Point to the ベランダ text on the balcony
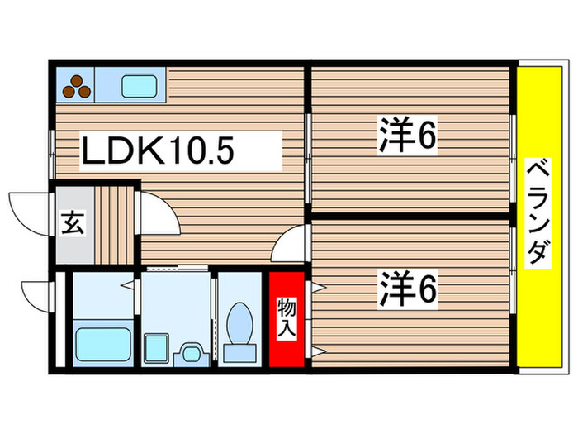tap(538, 211)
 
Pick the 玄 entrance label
tap(72, 225)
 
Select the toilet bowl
tap(241, 319)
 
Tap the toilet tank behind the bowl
tap(240, 351)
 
